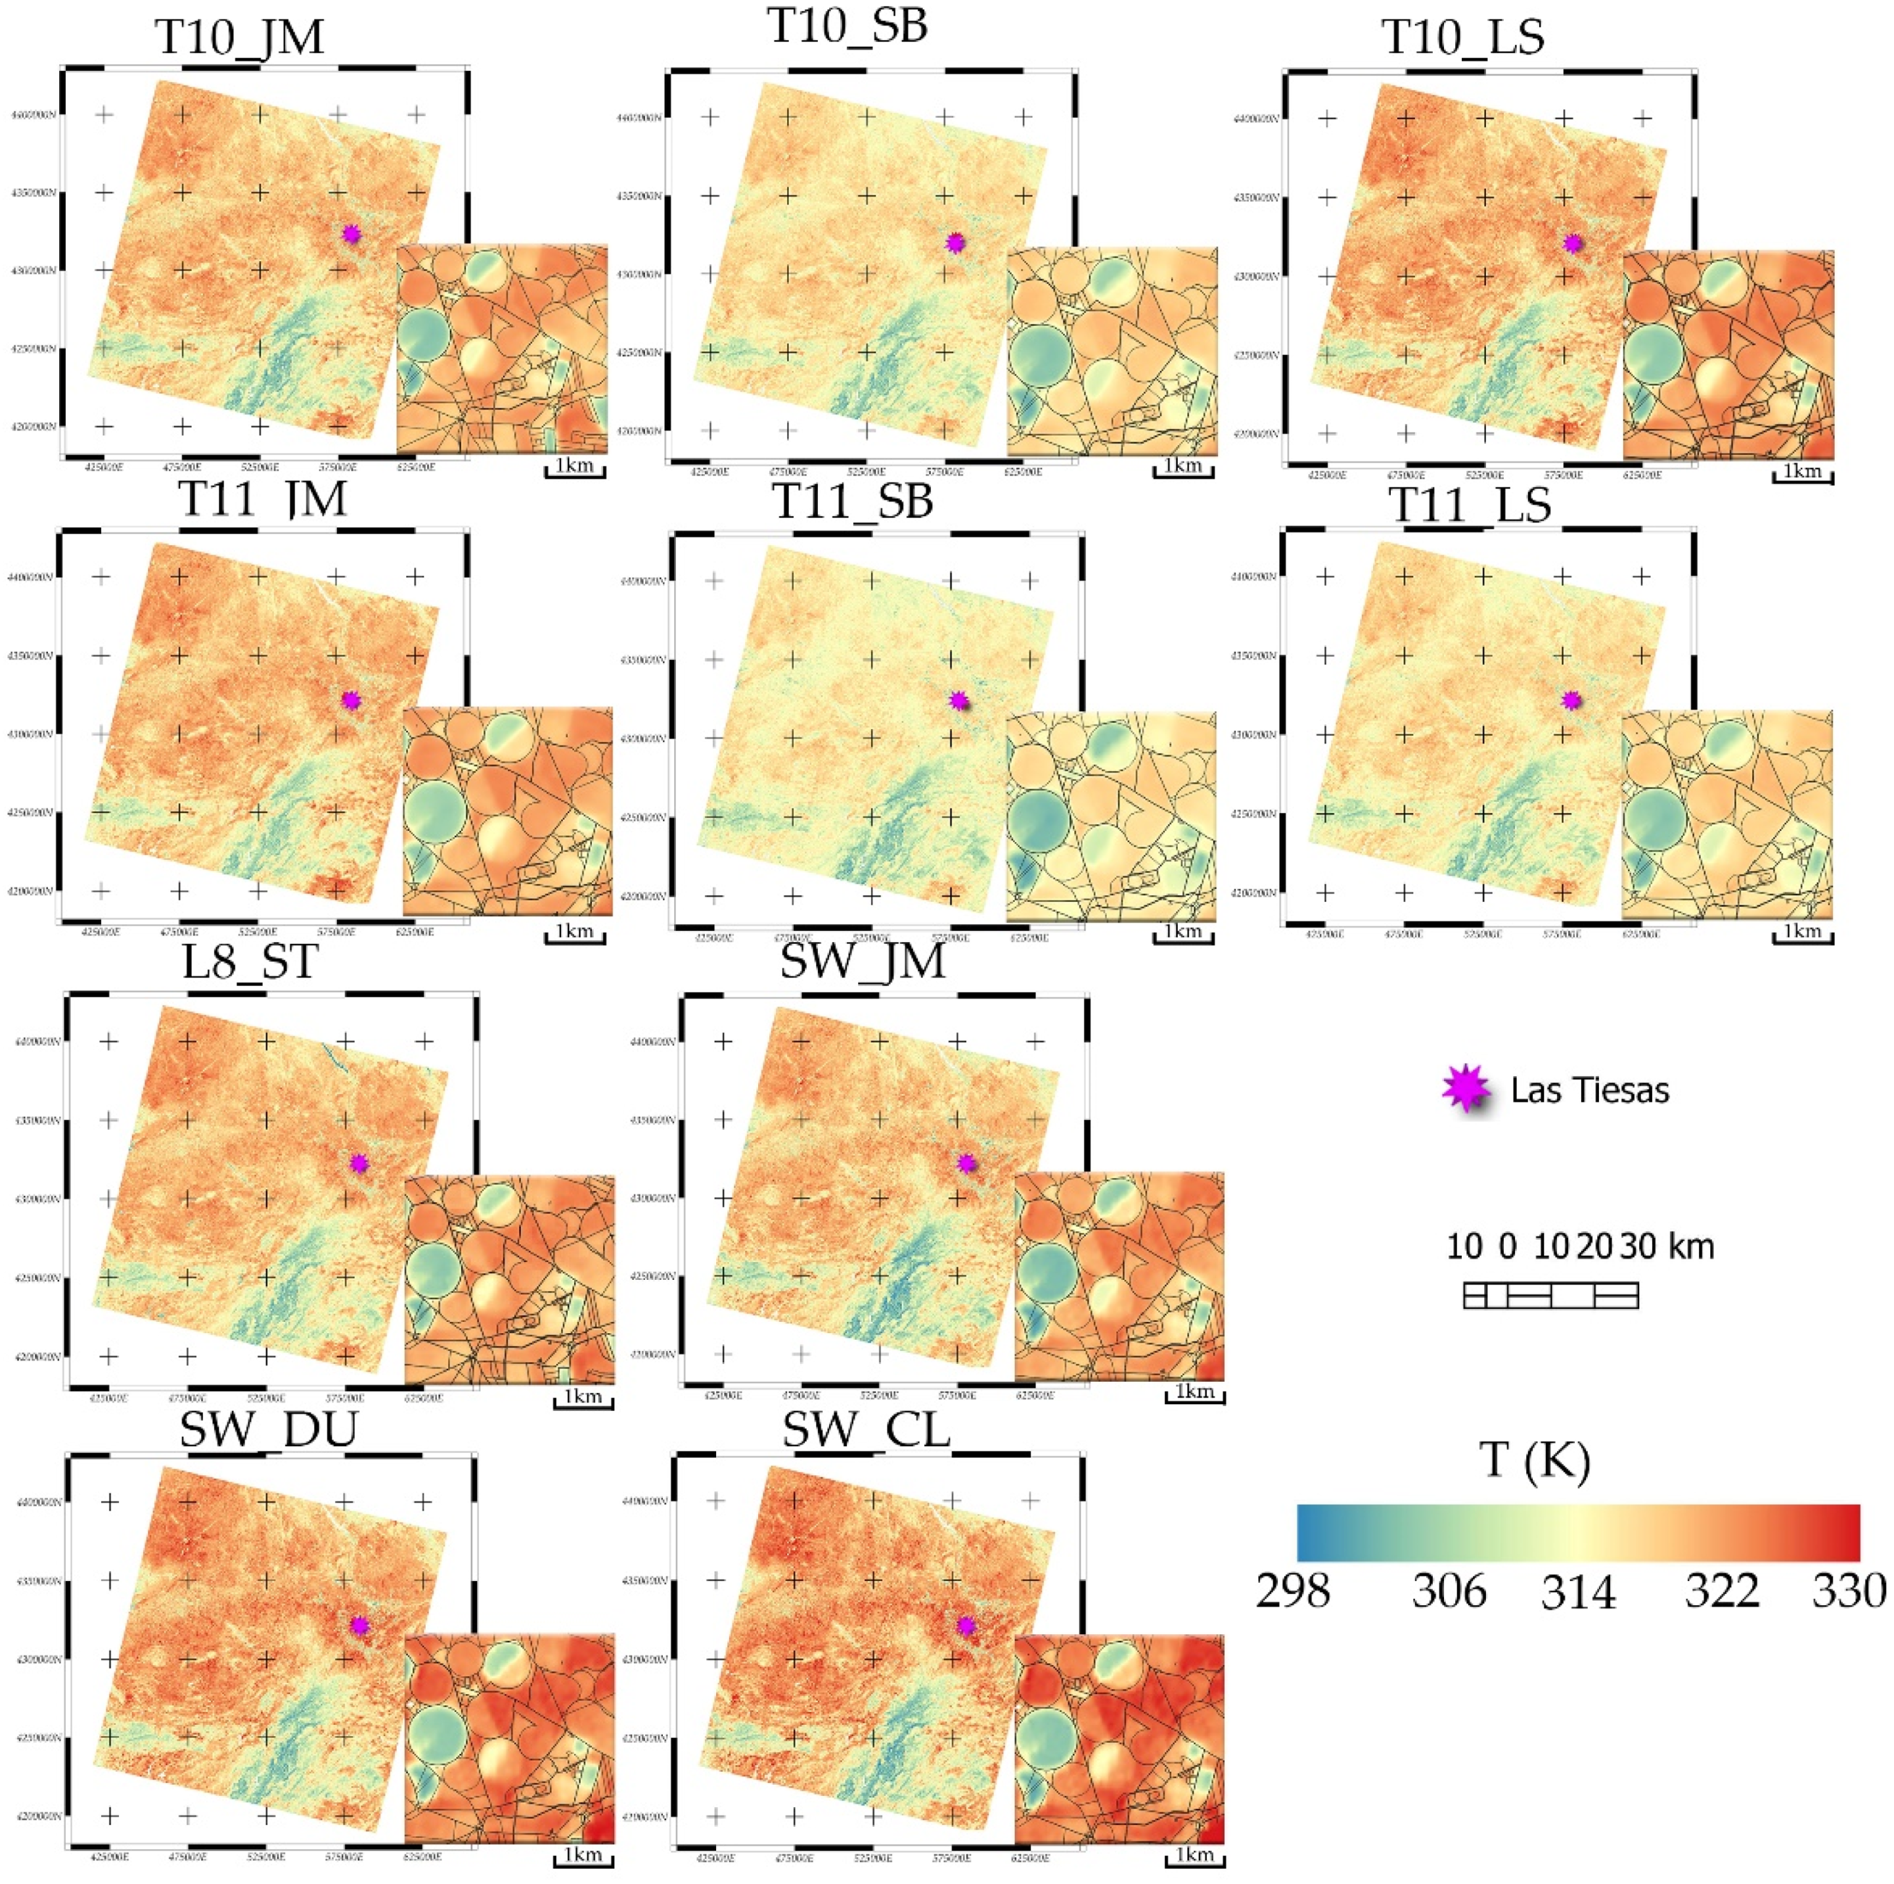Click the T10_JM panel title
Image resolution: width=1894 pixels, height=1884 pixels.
click(x=239, y=38)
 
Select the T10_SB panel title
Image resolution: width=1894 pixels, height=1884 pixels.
click(x=847, y=26)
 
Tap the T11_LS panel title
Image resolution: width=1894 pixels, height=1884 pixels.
click(x=1470, y=506)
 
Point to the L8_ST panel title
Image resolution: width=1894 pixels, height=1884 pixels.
click(x=250, y=961)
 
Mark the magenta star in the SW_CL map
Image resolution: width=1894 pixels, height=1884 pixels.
click(x=966, y=1625)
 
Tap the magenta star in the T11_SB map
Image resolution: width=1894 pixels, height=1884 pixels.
click(x=958, y=700)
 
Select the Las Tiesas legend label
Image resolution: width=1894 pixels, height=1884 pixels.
click(x=1589, y=1091)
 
